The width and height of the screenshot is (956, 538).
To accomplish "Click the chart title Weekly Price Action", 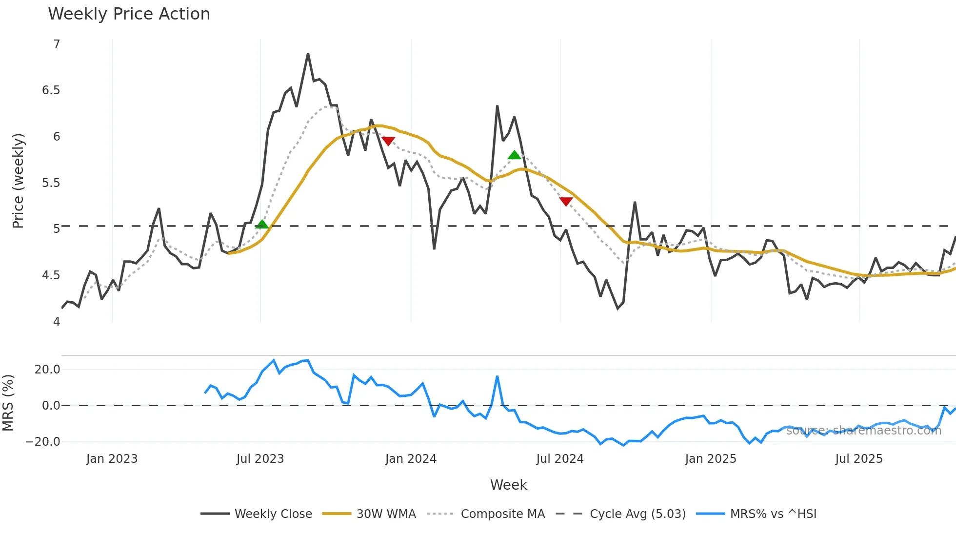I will (x=129, y=14).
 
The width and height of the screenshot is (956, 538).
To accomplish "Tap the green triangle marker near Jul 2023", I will (x=262, y=225).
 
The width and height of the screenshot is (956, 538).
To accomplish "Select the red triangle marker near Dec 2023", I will (x=388, y=141).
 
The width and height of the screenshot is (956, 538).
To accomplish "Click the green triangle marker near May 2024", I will (x=515, y=155).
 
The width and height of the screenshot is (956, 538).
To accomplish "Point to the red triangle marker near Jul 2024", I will (x=566, y=201).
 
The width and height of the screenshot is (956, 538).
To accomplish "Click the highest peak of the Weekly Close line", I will (x=308, y=54).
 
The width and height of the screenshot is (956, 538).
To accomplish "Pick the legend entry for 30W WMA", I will (x=370, y=514).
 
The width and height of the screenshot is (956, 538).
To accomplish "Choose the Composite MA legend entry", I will (x=486, y=514).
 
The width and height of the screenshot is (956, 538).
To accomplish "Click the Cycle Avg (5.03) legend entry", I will (x=621, y=514).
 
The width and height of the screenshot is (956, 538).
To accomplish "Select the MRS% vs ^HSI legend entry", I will (x=757, y=514).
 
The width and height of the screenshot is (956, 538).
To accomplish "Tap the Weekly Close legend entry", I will (x=257, y=514).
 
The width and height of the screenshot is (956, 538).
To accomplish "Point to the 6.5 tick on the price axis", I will (x=51, y=90).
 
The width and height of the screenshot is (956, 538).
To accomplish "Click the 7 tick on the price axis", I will (x=57, y=44).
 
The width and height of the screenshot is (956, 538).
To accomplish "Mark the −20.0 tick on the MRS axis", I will (x=43, y=442).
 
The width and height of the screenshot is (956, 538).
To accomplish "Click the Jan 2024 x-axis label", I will (x=411, y=459).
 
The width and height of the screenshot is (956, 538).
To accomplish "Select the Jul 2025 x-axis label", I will (x=858, y=459).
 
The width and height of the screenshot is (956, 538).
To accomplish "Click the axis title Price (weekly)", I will (x=18, y=181).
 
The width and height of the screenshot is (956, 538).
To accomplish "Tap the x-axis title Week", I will (x=508, y=485).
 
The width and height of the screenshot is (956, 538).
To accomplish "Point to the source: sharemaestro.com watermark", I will (x=863, y=431).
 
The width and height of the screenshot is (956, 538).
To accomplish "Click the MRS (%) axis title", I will (x=8, y=403).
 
